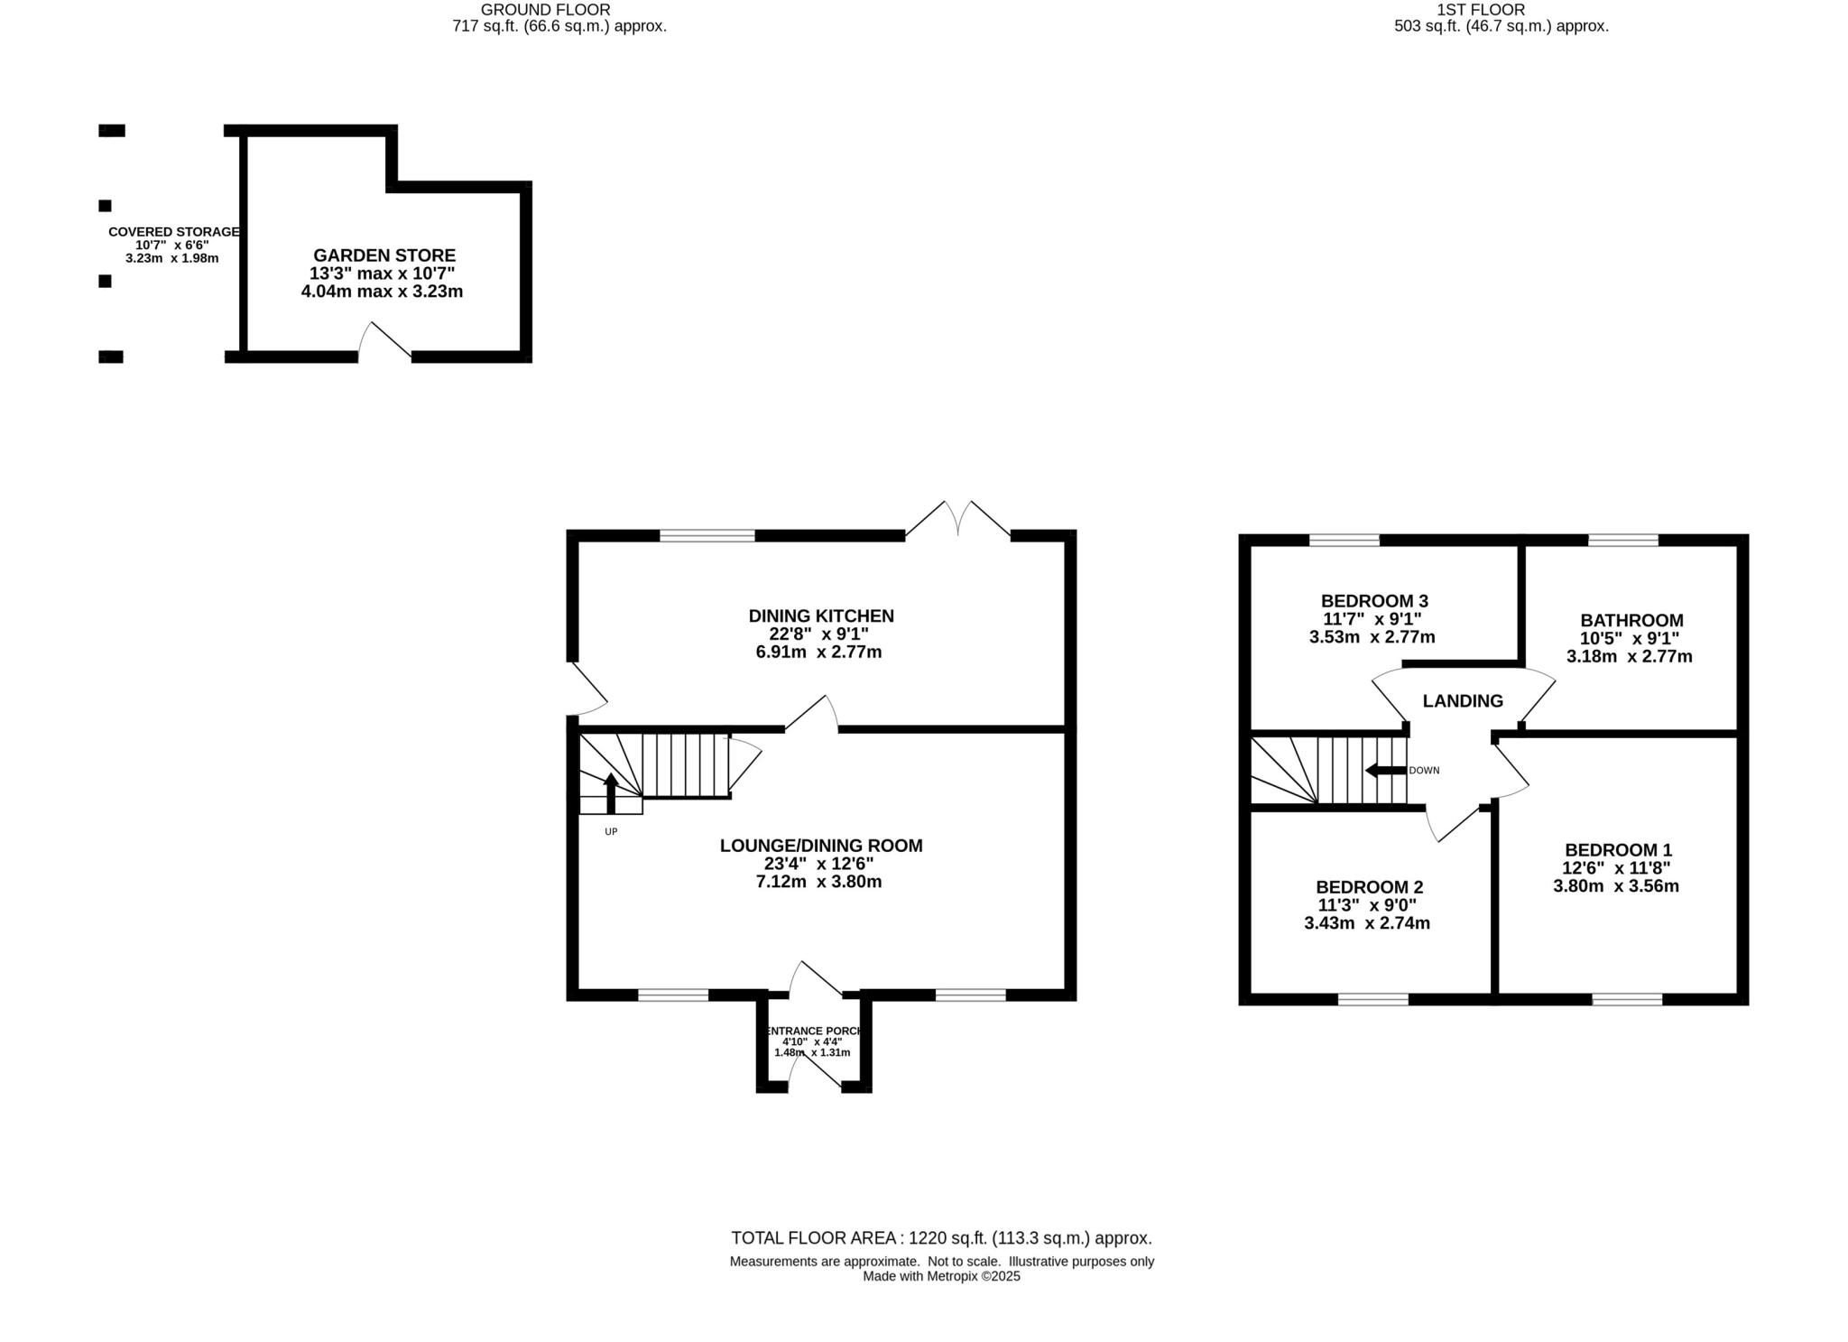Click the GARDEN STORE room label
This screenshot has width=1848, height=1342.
384,255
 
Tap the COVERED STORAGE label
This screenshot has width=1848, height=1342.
173,232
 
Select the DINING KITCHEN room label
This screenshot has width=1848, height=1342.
820,615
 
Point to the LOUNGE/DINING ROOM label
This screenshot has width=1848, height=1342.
820,846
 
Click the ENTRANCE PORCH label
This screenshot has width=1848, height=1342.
813,1031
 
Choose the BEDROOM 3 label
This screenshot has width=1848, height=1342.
1373,601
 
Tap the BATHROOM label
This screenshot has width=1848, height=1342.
1631,621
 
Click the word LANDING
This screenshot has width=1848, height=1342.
1462,701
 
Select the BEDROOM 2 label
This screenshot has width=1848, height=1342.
1368,887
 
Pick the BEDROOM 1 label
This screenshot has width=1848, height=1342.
1617,850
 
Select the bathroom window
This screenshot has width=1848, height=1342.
1622,541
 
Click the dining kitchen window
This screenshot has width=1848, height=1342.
707,536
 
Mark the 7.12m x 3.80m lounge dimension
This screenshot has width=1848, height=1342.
818,882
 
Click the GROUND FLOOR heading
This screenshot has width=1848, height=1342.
545,10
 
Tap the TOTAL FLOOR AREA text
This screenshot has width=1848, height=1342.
940,1238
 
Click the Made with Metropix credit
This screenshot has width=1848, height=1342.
940,1276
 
